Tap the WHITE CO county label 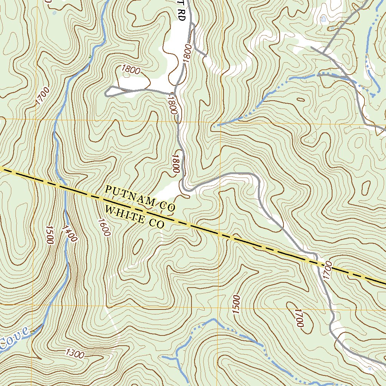[135, 217]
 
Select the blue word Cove [14, 338]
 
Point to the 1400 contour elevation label [70, 233]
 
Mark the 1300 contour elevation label [75, 354]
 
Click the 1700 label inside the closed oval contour [299, 318]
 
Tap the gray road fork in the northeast [324, 52]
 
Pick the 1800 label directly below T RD [187, 53]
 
